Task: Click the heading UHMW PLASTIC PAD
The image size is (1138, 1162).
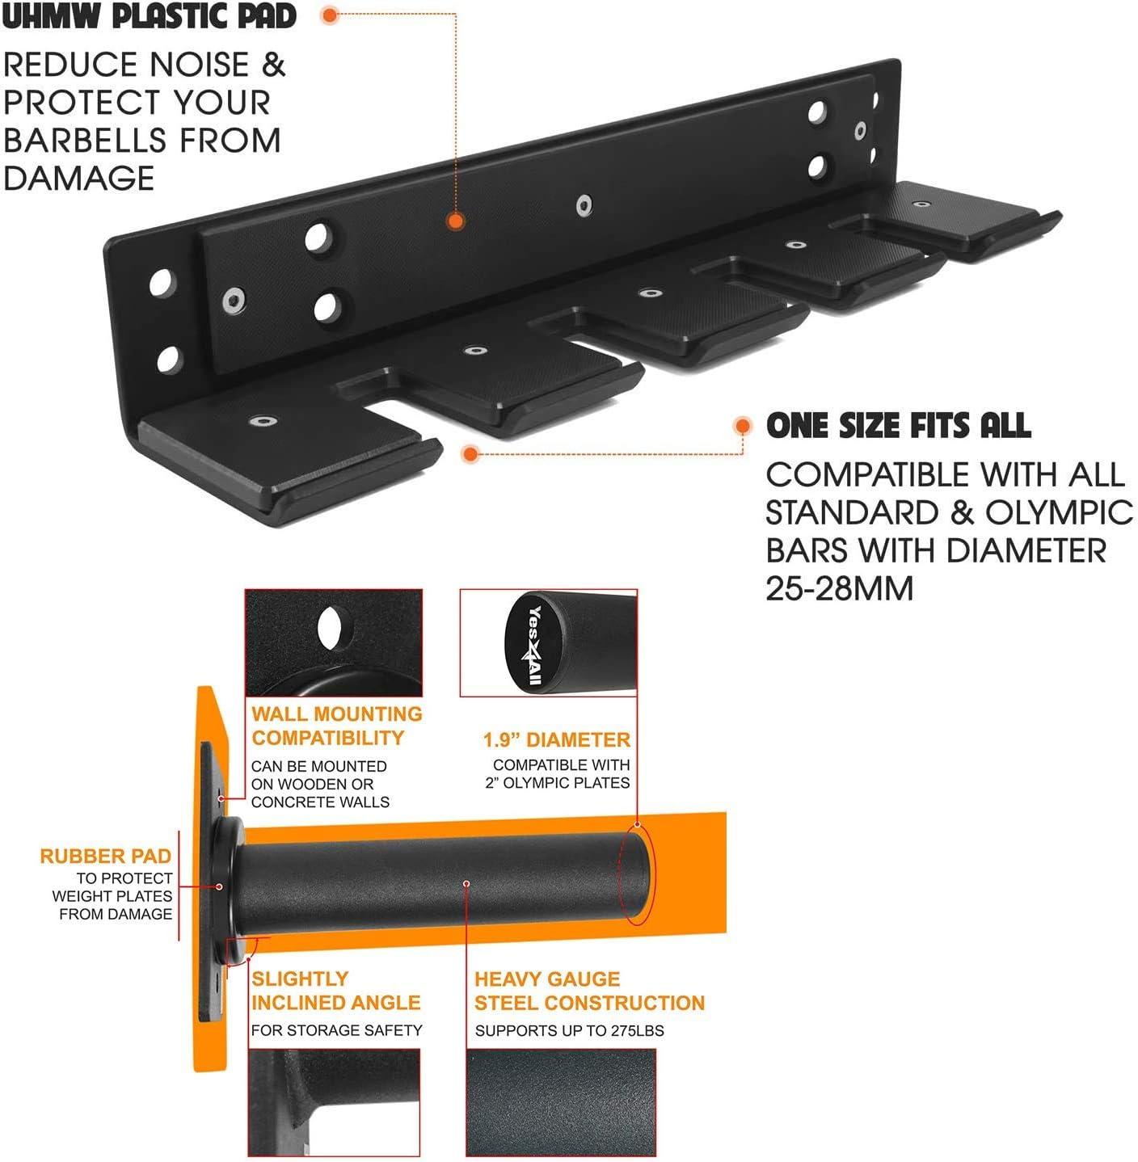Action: point(149,16)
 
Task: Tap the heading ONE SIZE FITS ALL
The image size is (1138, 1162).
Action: point(899,426)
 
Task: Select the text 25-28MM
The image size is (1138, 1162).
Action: point(839,588)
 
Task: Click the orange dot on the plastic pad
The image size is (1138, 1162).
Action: point(456,221)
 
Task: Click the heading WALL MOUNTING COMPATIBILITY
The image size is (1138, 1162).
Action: point(337,726)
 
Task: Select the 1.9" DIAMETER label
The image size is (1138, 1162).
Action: point(556,739)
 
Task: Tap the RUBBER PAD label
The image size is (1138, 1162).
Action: point(106,856)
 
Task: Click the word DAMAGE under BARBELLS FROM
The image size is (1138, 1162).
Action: point(79,179)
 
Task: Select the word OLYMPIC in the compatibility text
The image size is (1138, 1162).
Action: point(1059,512)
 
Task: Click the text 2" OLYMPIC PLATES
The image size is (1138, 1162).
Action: point(557,783)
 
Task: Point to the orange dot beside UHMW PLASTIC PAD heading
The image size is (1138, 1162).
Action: point(330,15)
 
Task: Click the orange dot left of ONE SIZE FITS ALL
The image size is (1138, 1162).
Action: point(742,426)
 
